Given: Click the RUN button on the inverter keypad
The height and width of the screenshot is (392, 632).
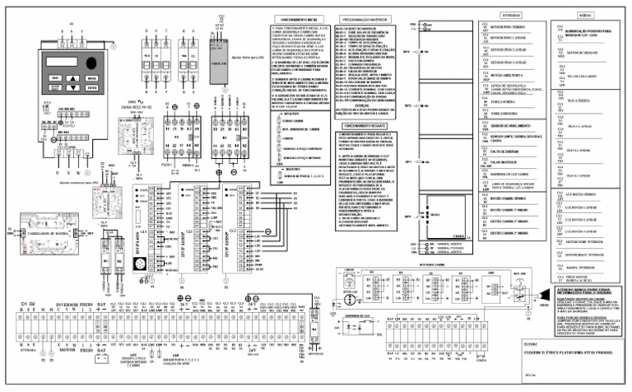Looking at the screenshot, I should (55, 78).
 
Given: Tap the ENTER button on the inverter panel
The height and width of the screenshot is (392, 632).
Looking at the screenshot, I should (91, 88).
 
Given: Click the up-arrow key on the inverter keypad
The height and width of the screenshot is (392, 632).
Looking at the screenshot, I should (73, 78).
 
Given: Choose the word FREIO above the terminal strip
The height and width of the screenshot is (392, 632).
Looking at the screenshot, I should (86, 304).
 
